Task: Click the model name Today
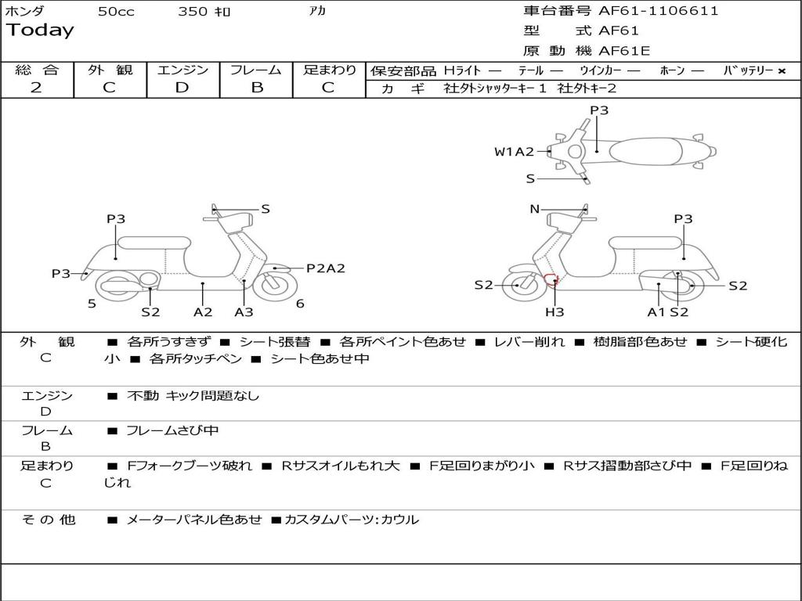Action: tap(40, 31)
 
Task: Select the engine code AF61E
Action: tap(624, 51)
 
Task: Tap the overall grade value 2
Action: tap(36, 88)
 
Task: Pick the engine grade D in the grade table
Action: tap(182, 88)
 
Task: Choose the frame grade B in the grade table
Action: tap(256, 88)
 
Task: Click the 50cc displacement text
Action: tap(116, 12)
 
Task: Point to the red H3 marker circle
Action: tap(551, 279)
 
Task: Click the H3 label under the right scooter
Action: tap(555, 311)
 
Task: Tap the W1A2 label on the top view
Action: tap(514, 152)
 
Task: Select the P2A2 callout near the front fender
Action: tap(325, 268)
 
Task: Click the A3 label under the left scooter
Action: tap(244, 311)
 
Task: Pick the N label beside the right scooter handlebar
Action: tap(535, 209)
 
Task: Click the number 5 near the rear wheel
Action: tap(92, 304)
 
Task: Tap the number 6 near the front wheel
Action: tap(300, 304)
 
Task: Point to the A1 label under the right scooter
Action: tap(656, 311)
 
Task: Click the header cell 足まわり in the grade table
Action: tap(329, 70)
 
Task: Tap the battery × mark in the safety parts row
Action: tap(781, 70)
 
